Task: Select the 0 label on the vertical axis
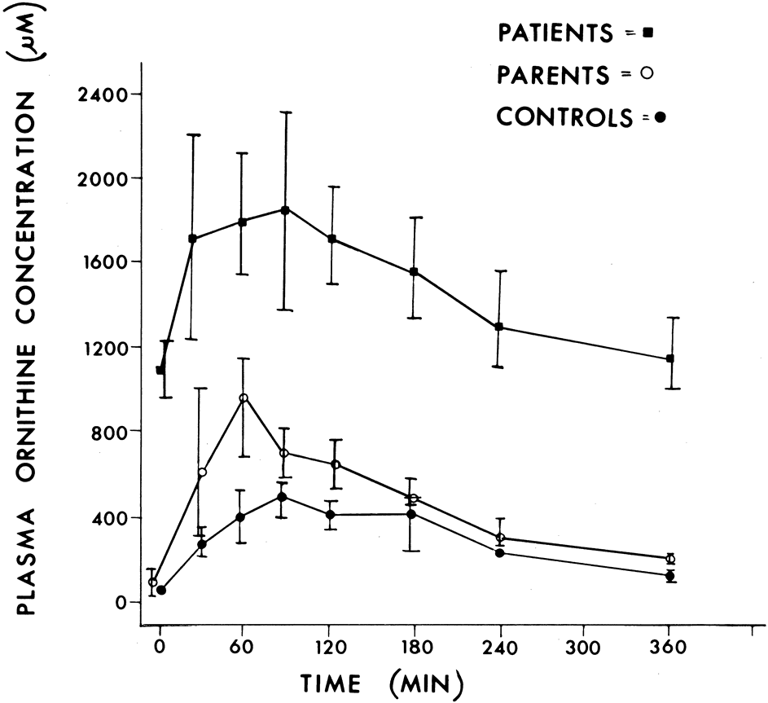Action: coord(121,602)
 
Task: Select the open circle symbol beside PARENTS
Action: coord(647,75)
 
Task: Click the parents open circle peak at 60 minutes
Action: coord(243,398)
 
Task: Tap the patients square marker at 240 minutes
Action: coord(499,327)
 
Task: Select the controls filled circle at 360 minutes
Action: coord(670,576)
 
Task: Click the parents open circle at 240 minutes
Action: coord(500,538)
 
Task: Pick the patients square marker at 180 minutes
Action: coord(415,271)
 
